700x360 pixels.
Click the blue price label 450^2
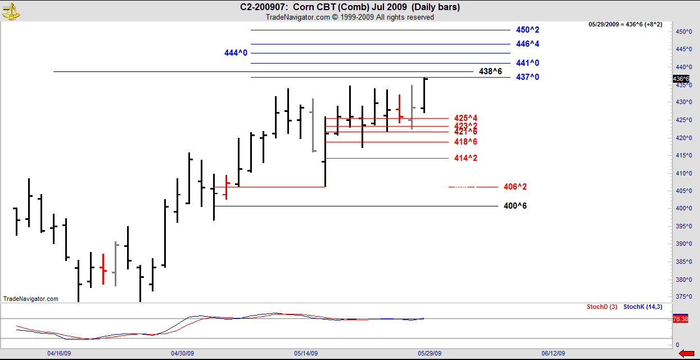pos(527,30)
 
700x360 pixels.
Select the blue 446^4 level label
pos(527,44)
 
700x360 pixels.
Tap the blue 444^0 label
pos(236,53)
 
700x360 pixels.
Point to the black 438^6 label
pos(490,71)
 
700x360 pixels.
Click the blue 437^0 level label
pos(527,77)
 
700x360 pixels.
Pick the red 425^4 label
pos(466,118)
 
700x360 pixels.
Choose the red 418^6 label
pos(466,142)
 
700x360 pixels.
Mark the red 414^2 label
pos(466,158)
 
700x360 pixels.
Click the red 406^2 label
pos(515,187)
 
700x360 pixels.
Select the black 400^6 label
pos(515,206)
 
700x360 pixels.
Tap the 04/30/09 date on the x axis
pos(182,354)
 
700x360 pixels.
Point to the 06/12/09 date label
pos(553,354)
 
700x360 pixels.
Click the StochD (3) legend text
pos(602,307)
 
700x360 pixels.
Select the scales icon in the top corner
pos(10,10)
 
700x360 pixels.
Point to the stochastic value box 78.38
pos(680,319)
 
